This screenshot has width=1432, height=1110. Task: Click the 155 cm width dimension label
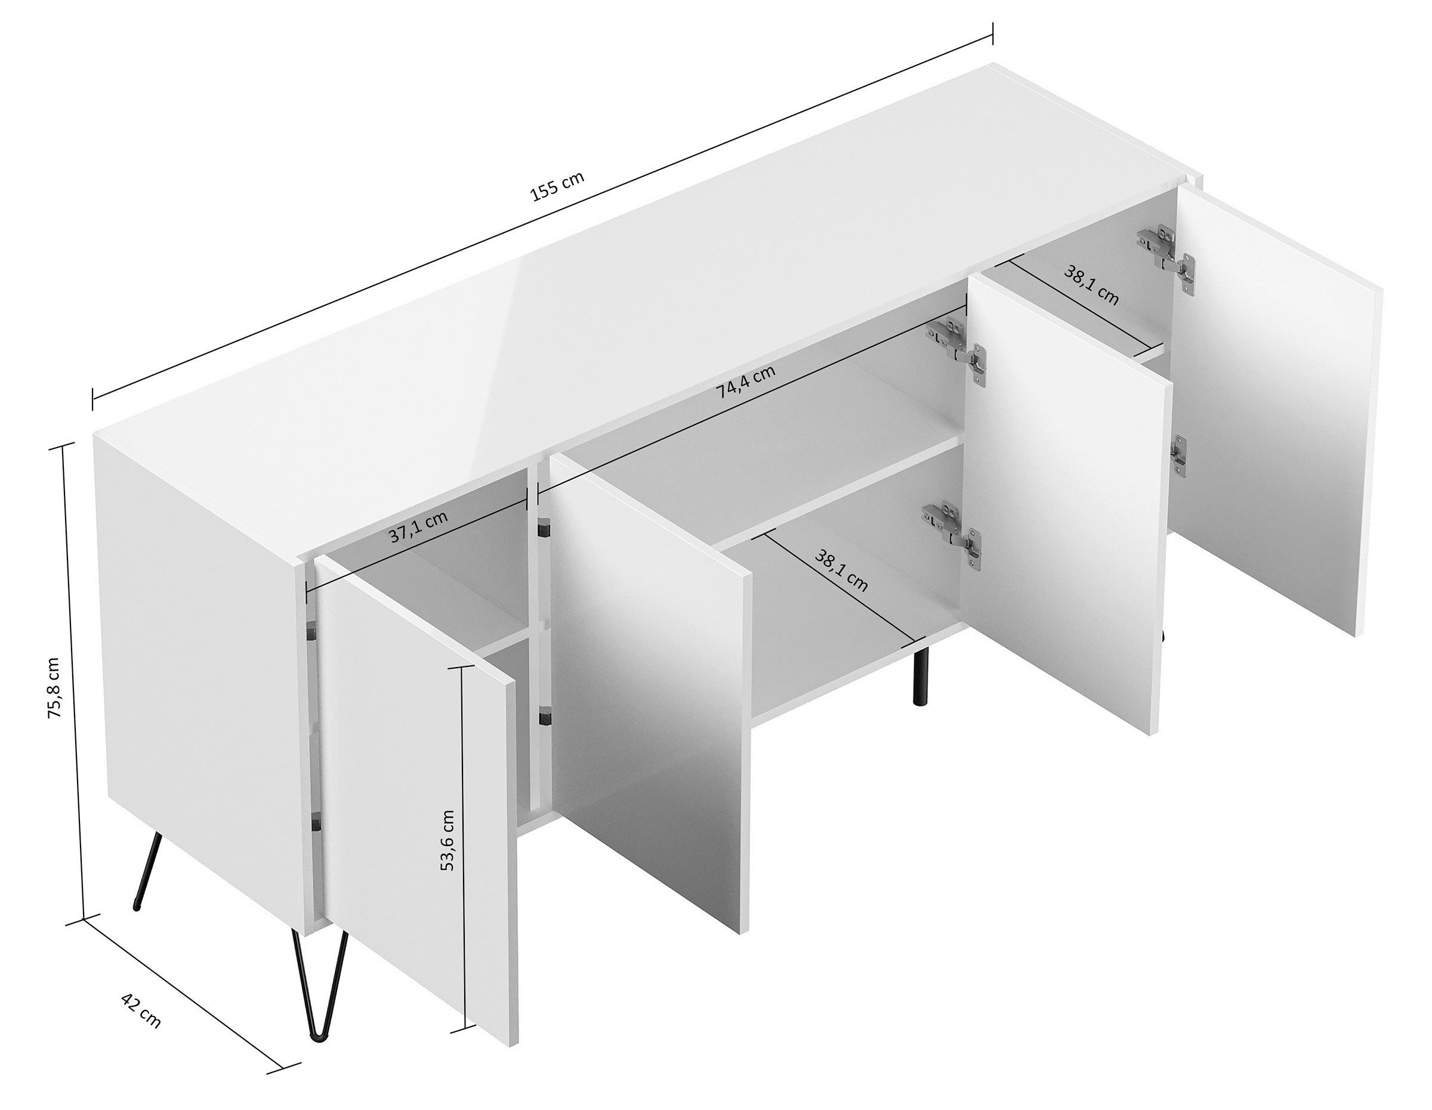tap(557, 186)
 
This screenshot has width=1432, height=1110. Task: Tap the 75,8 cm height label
tap(55, 687)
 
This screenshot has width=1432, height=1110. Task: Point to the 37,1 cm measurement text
tap(418, 526)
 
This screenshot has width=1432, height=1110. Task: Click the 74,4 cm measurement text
tap(745, 382)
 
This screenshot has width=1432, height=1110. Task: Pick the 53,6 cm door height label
tap(446, 840)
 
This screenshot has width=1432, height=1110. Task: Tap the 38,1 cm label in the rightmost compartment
tap(1090, 286)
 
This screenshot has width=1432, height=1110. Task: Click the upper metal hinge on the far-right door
tap(1167, 256)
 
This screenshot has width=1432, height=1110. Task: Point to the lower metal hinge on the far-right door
tap(1178, 458)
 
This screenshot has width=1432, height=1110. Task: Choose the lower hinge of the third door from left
tap(953, 531)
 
